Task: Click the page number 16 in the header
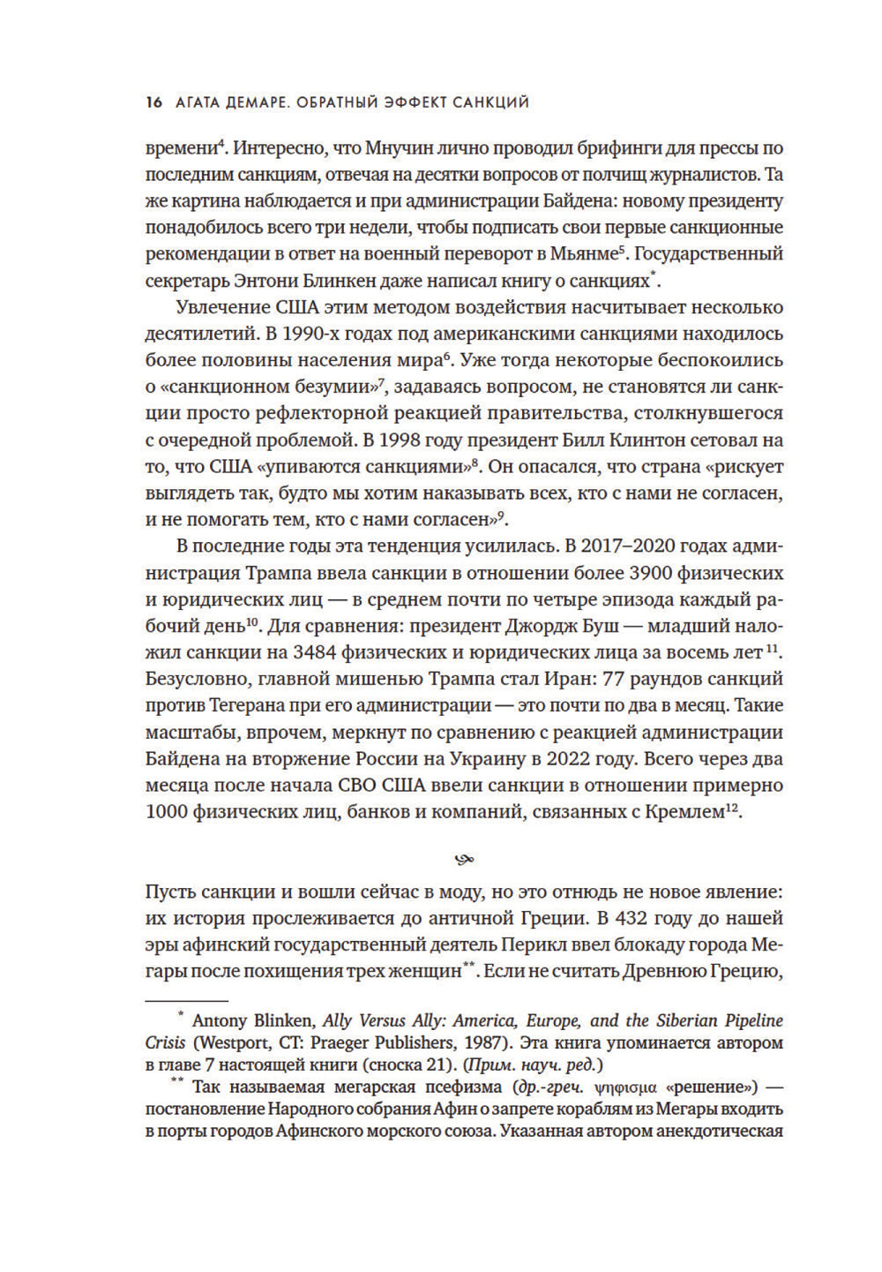(153, 102)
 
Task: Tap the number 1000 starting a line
(167, 812)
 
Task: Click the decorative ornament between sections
(464, 858)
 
